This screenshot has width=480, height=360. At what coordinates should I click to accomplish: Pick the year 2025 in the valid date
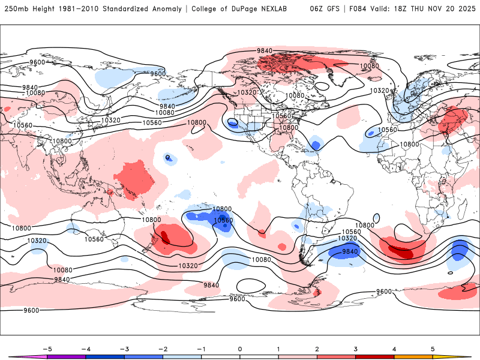(465, 9)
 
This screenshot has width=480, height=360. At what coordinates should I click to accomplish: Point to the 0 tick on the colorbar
(240, 349)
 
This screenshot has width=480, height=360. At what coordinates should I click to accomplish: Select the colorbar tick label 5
(433, 349)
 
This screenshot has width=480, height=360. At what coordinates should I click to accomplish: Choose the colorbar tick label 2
(317, 349)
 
